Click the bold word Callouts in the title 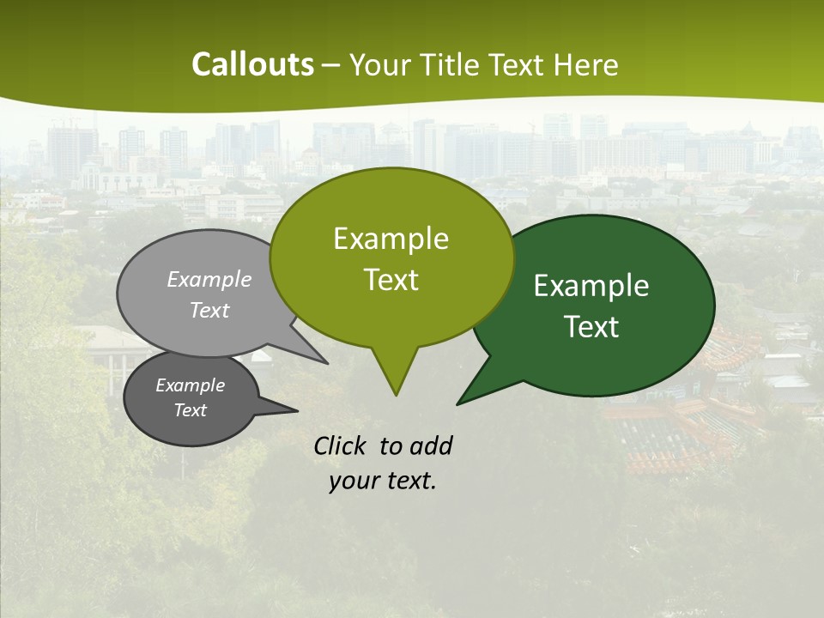click(x=252, y=64)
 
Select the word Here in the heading click(x=586, y=64)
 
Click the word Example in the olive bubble click(x=391, y=239)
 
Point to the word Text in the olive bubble click(x=391, y=279)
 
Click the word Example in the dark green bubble click(x=591, y=286)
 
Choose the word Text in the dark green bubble click(x=591, y=326)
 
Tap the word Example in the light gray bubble click(x=209, y=279)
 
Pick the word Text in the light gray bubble click(x=209, y=310)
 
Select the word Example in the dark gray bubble click(x=190, y=385)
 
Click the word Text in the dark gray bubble click(x=190, y=410)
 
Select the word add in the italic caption click(x=430, y=445)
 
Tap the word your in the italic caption click(x=354, y=481)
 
